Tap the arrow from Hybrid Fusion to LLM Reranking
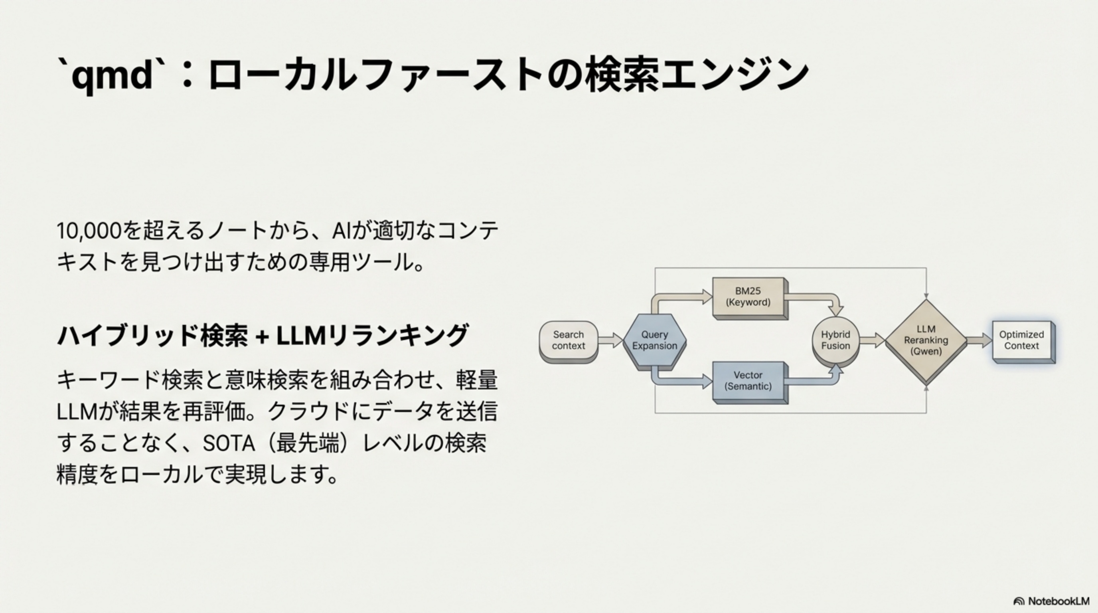coord(872,340)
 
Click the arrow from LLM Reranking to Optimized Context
coord(979,340)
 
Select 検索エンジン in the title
coord(697,75)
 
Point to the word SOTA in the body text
coord(229,443)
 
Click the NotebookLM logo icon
coord(1019,601)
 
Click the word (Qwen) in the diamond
coord(926,352)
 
